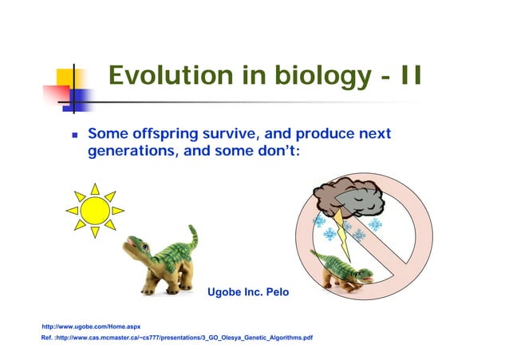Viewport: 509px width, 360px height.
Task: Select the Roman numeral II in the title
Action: [x=409, y=77]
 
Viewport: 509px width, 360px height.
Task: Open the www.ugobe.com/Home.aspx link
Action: [x=90, y=327]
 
